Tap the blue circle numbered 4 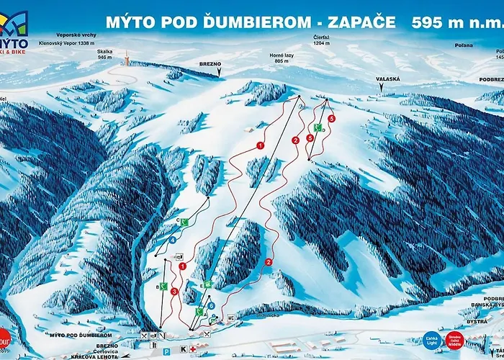coord(174,240)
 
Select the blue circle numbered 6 coord(211,305)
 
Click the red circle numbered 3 coord(174,292)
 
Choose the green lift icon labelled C coord(184,222)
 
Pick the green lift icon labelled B coord(164,286)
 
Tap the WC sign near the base coord(230,317)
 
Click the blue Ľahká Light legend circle coord(431,338)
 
